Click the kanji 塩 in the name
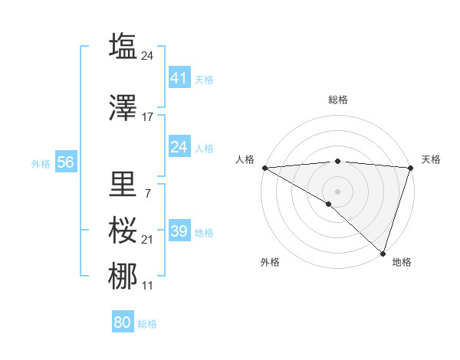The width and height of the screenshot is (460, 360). (x=123, y=46)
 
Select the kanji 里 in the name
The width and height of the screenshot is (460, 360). (x=123, y=184)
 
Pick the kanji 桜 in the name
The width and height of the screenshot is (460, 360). (x=123, y=230)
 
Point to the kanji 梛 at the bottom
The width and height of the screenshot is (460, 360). (x=123, y=277)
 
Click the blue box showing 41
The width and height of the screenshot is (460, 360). (x=179, y=77)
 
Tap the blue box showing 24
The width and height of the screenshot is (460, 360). (x=179, y=146)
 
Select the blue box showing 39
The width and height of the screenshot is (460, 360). (x=179, y=231)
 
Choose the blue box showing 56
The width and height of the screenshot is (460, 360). (x=65, y=162)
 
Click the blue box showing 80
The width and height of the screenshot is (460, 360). (x=122, y=322)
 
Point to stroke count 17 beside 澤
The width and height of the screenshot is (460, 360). (x=148, y=117)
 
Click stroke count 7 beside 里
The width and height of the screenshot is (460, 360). (x=147, y=193)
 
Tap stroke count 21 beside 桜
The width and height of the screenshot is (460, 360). (x=148, y=240)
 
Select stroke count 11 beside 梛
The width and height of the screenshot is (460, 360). (x=148, y=286)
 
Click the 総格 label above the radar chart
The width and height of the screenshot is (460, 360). (x=337, y=100)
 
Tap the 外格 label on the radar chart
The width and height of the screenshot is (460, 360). (x=270, y=262)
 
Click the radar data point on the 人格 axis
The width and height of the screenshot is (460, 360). (x=264, y=168)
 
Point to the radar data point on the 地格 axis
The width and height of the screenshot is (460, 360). (x=383, y=253)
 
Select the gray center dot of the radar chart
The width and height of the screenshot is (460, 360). (x=337, y=191)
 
